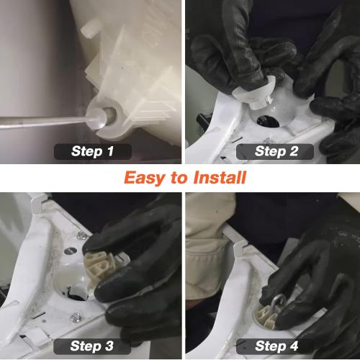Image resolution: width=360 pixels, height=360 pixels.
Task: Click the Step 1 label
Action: coord(93,151)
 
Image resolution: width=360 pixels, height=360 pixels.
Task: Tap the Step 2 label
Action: coord(275,151)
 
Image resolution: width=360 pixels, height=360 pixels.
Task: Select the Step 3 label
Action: coord(92,346)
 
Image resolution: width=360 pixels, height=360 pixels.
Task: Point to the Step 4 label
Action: coord(275,346)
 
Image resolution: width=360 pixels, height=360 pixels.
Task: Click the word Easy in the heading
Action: coord(145,178)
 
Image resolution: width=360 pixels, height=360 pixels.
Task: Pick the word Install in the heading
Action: coord(220,178)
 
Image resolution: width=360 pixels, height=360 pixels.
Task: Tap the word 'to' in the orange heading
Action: coord(179,179)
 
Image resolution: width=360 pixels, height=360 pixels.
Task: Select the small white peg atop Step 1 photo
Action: coord(90,29)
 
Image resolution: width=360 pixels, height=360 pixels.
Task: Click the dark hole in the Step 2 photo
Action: coord(268,121)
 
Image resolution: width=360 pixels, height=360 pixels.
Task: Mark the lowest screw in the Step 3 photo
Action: coord(75,317)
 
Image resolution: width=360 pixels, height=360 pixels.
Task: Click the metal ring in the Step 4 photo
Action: coord(279,302)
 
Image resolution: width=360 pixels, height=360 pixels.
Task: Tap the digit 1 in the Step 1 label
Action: coord(110,151)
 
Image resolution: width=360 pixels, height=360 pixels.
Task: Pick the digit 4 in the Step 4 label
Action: coord(294,346)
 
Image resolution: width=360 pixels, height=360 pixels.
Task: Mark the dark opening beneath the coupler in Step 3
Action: coord(74,294)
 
